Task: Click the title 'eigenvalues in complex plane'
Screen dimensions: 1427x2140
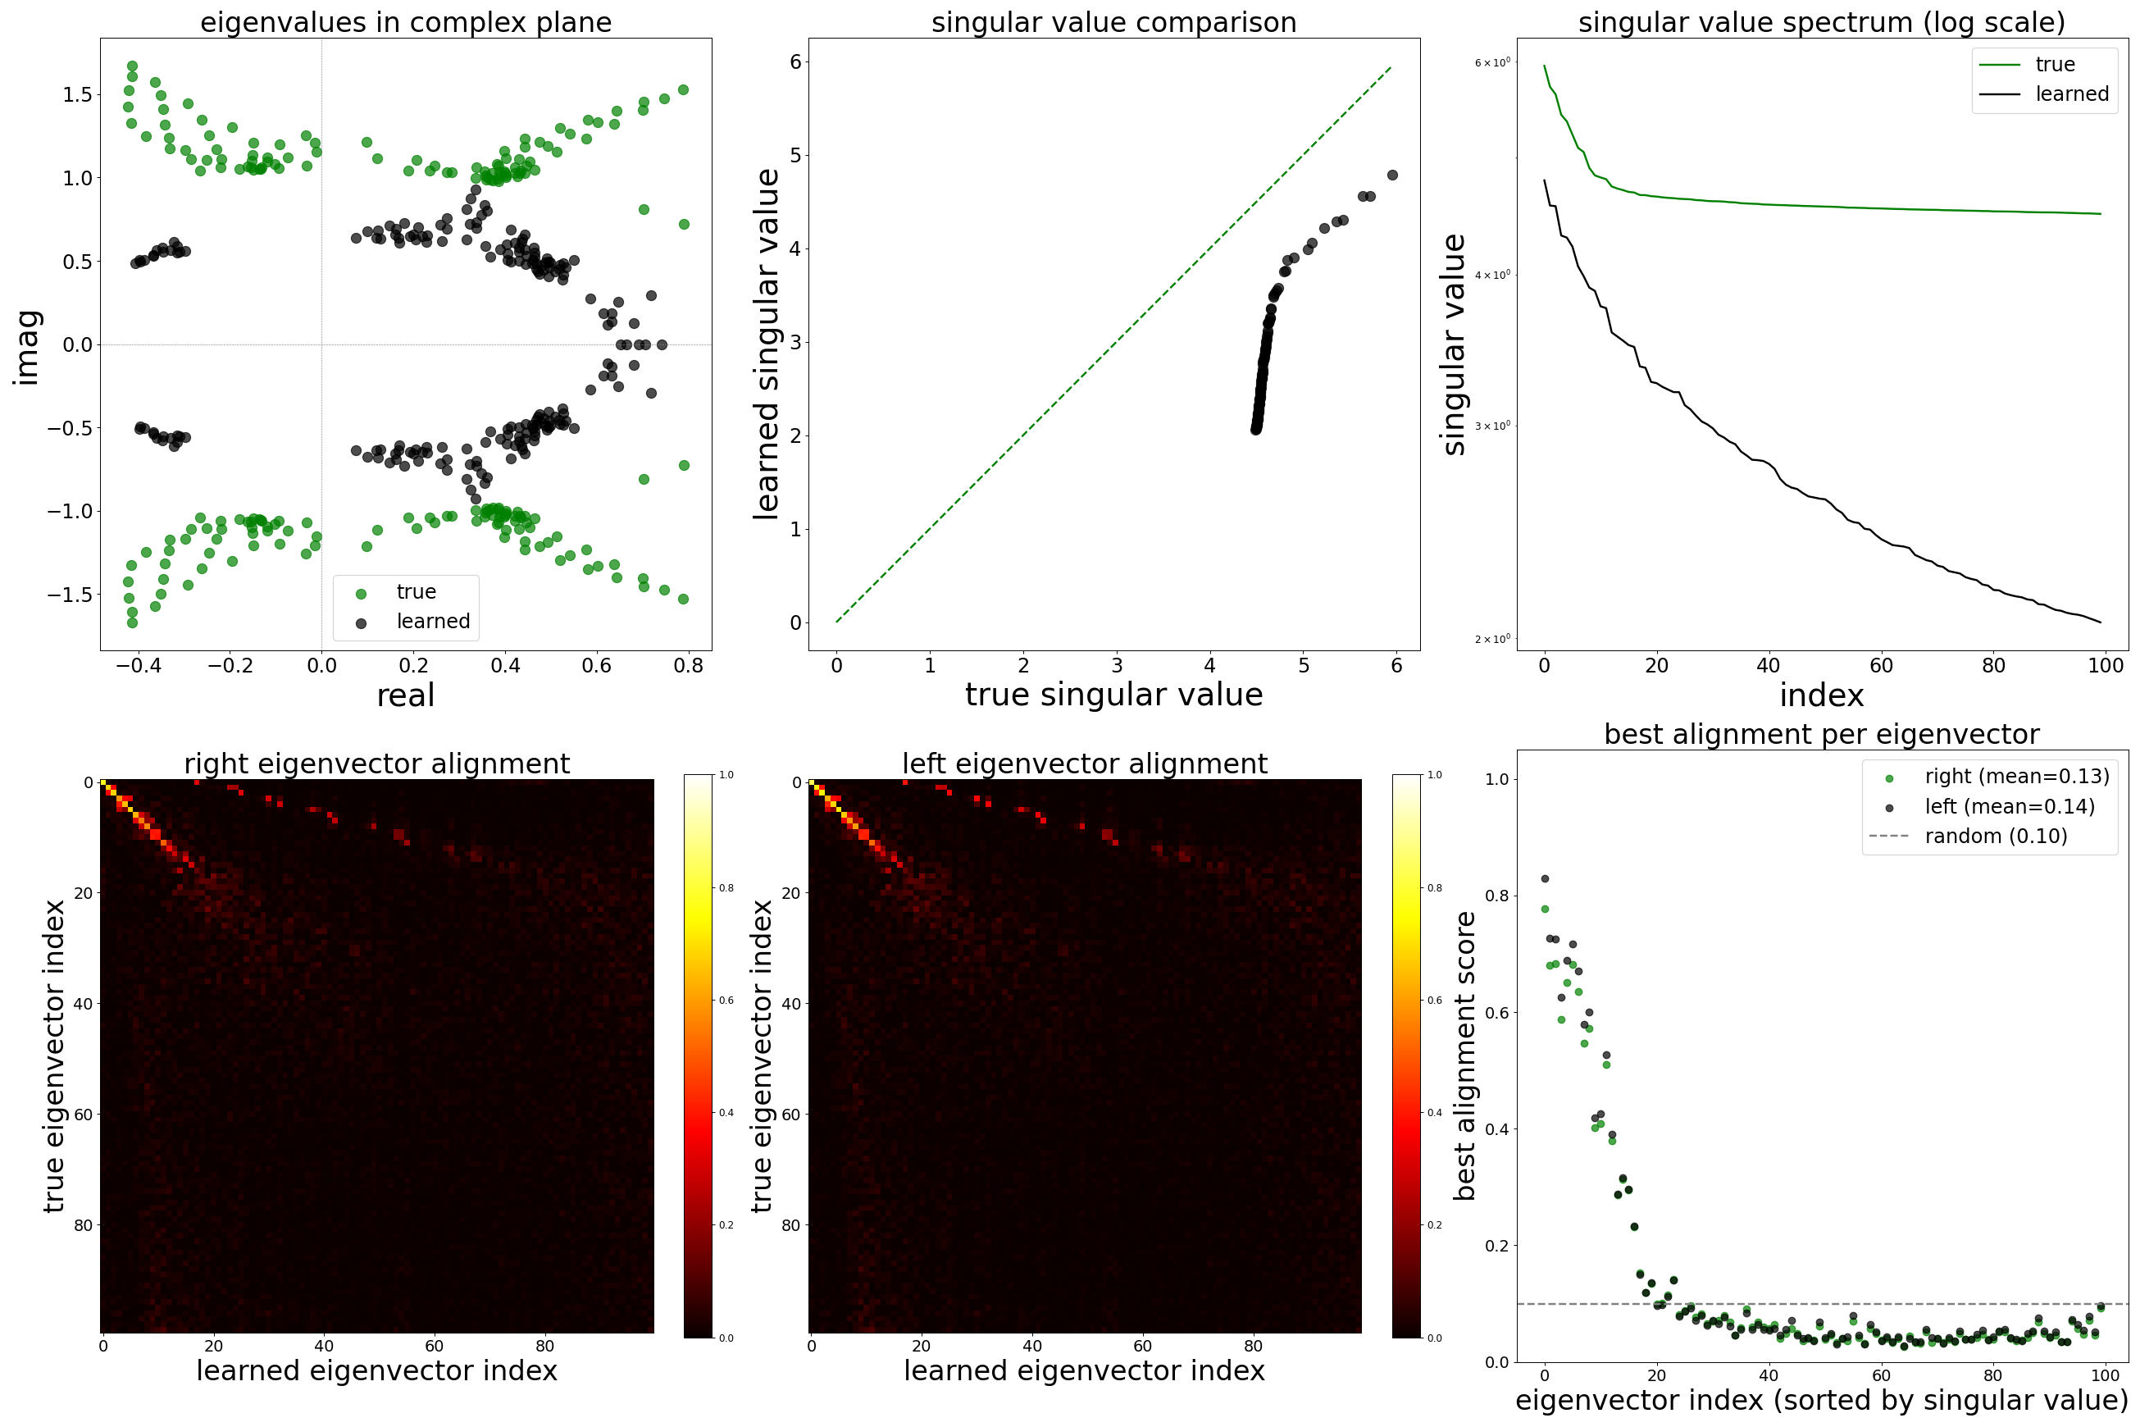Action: coord(406,22)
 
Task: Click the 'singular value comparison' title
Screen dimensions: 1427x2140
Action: coord(1113,22)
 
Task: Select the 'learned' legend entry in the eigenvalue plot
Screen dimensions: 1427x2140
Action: coord(432,622)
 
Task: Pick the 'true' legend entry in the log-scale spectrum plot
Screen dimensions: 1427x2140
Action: coord(2055,65)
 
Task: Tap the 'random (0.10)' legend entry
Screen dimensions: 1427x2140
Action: coord(1996,837)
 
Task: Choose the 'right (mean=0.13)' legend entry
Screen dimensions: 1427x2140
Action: coord(2016,777)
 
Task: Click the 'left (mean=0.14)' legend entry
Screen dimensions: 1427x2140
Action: coord(2009,806)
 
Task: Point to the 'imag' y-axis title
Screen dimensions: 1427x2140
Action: coord(27,347)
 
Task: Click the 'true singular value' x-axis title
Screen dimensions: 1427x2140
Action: coord(1113,695)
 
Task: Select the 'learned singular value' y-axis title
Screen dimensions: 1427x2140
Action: coord(766,344)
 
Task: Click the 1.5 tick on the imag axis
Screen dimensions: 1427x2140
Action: coord(77,94)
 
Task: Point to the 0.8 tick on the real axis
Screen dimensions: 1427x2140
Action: coord(689,666)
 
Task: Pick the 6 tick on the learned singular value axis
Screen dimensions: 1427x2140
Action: coord(795,62)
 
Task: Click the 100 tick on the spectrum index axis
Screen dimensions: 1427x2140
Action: coord(2106,666)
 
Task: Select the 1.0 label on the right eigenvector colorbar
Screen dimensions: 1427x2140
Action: coord(726,775)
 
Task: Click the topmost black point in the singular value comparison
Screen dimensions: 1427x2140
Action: coord(1392,175)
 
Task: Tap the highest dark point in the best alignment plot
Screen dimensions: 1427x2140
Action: coord(1544,879)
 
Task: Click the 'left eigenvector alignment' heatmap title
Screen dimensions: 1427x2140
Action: coord(1085,764)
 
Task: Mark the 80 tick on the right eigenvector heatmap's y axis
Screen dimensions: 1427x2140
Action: coord(83,1225)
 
